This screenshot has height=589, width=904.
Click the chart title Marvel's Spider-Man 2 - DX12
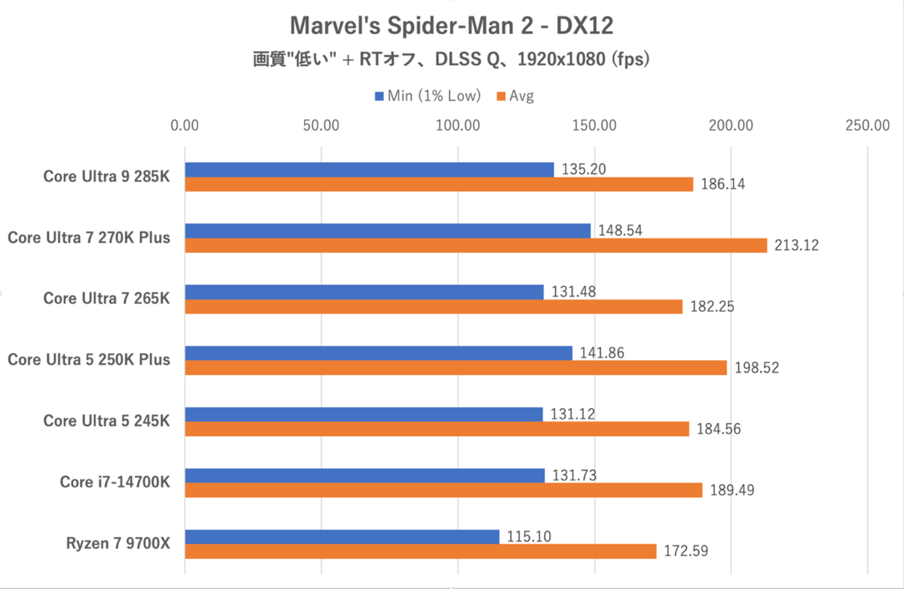[452, 26]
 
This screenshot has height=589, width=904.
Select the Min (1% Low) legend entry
[429, 96]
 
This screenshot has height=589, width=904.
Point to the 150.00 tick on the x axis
[594, 125]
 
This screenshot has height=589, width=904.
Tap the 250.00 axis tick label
[867, 125]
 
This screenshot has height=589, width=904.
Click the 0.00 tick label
[185, 125]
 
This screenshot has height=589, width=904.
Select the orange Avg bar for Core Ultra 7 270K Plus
[475, 245]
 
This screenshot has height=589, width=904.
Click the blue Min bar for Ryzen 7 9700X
[341, 536]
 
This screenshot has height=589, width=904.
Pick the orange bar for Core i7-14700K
[443, 490]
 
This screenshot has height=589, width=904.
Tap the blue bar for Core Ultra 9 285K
[369, 169]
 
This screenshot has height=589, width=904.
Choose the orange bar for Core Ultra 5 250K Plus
[455, 367]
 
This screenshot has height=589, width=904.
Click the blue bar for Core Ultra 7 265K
[364, 292]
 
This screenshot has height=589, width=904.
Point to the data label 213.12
[796, 245]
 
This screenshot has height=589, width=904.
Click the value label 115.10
[529, 536]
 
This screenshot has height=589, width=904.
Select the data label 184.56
[718, 429]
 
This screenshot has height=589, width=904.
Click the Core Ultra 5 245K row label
[106, 421]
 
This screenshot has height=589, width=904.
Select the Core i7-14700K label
[115, 482]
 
